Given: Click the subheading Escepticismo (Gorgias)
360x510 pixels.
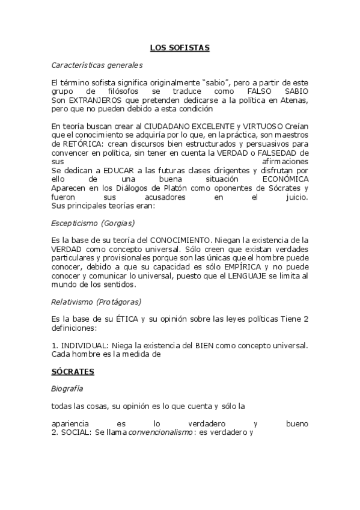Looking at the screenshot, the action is pos(93,223).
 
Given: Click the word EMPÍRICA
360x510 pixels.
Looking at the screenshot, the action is pos(227,266).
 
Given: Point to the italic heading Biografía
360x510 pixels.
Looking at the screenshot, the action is pos(67,389).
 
